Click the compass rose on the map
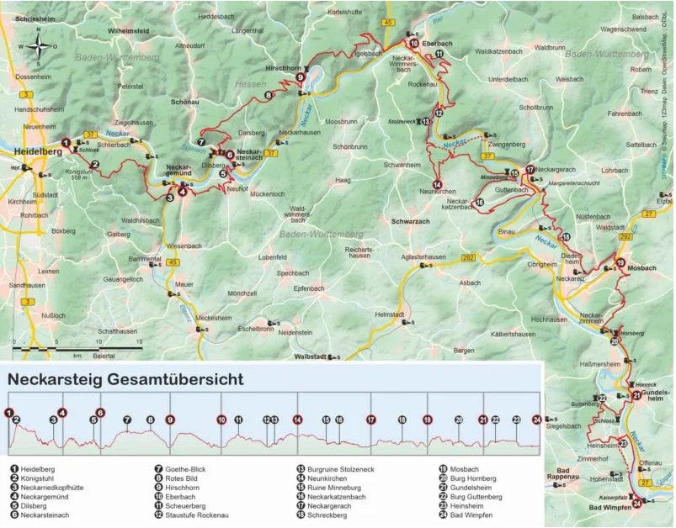pos(40,47)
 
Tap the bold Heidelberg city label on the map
pos(38,151)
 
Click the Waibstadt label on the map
pos(306,356)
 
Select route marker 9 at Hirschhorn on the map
pos(300,78)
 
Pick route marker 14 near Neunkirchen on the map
pos(437,184)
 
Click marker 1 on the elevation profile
pos(9,413)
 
